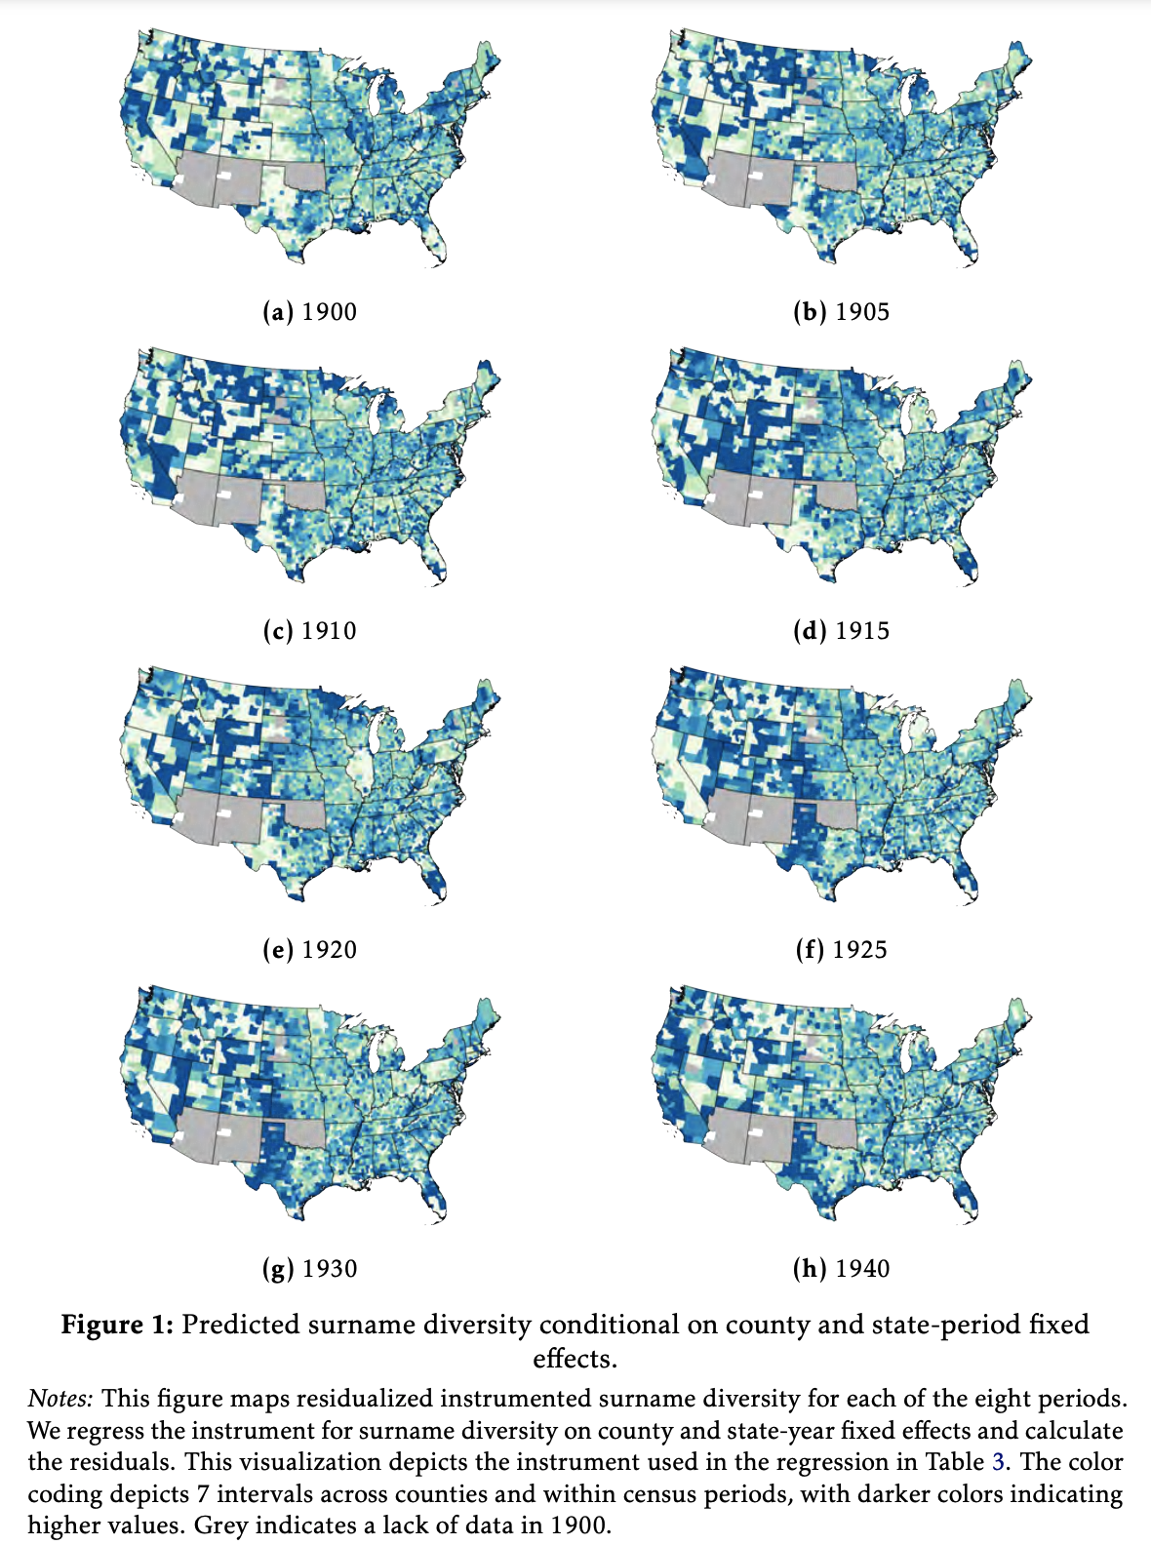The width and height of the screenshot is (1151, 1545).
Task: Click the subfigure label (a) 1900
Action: pos(310,312)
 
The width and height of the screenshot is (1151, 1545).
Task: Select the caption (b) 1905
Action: pos(841,312)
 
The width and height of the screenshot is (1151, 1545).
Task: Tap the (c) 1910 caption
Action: pos(310,631)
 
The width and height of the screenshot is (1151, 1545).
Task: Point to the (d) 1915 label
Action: pos(841,631)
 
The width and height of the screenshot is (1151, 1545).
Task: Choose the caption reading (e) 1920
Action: pos(310,950)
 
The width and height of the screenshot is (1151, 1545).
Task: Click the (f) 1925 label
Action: pos(841,950)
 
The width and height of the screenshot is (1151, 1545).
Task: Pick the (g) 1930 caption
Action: pos(310,1269)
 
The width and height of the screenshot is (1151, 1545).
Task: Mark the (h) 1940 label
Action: pos(841,1269)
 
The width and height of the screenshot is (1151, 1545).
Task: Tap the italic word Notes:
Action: pos(60,1399)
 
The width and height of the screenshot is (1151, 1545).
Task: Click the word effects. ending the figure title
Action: pos(575,1359)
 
